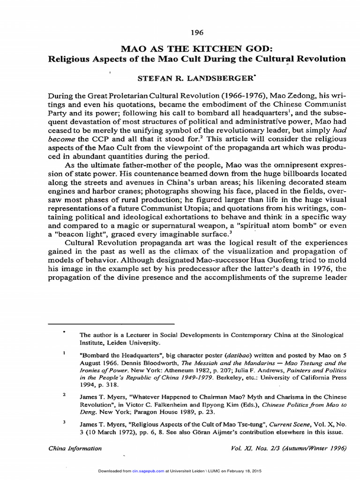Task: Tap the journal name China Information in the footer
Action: click(x=75, y=448)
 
